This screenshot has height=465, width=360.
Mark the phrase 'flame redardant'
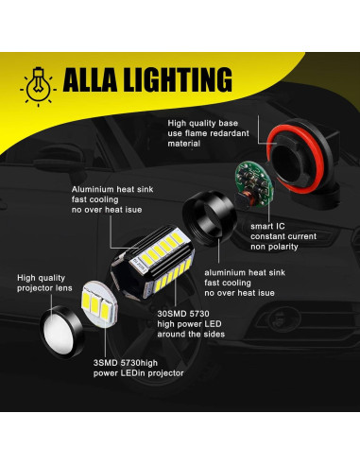209,136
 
